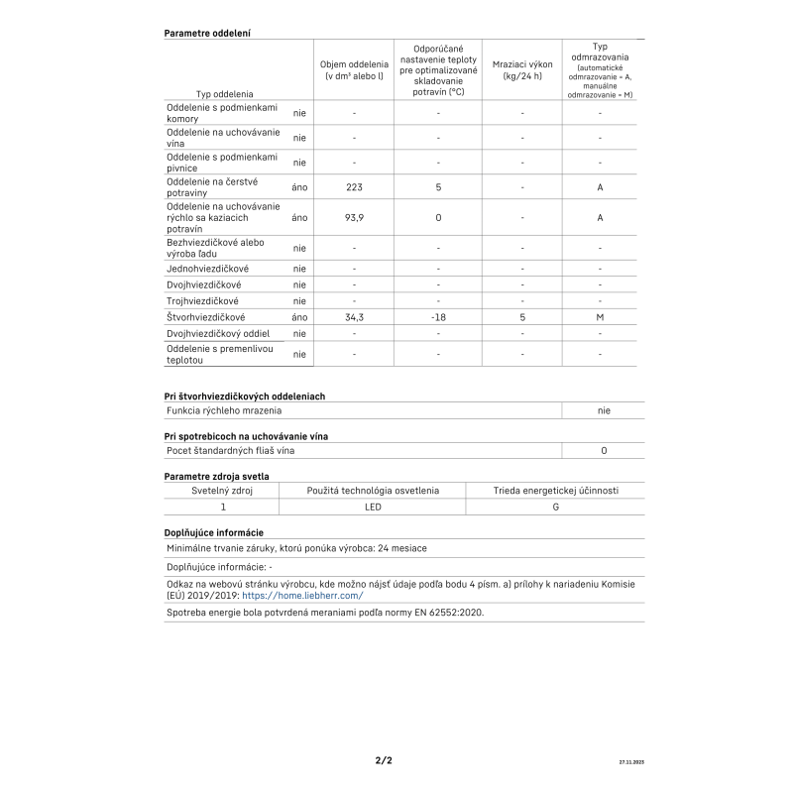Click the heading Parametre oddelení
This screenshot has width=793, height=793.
206,33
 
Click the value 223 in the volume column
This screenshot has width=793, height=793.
354,186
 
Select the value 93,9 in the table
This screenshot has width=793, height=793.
354,217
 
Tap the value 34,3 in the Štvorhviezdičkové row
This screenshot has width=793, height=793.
354,317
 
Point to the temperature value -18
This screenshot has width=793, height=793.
438,317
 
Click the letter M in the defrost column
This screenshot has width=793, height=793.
600,317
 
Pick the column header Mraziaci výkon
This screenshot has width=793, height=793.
521,69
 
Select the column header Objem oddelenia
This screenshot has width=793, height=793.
354,69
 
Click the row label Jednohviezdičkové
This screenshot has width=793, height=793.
208,269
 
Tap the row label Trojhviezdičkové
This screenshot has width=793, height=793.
202,300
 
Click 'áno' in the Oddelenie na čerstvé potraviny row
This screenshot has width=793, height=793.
300,186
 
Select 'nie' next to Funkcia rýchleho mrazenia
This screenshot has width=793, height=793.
604,409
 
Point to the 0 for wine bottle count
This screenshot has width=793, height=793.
604,450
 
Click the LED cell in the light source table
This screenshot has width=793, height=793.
373,507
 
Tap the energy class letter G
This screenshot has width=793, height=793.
555,507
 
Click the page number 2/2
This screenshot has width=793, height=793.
384,761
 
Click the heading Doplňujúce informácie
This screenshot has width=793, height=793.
213,532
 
